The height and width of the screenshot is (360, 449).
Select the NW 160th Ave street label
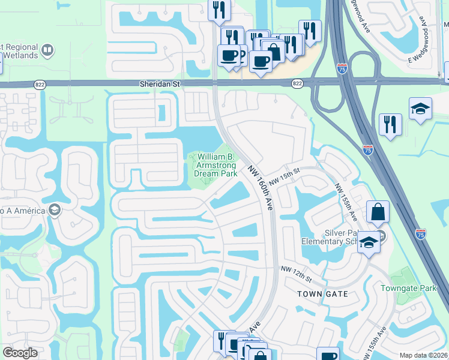(261, 188)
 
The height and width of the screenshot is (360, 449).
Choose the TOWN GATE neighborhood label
(322, 294)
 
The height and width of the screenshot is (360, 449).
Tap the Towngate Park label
(409, 288)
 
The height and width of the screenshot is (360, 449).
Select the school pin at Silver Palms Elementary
(369, 242)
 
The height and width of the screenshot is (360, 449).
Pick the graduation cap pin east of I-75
(420, 109)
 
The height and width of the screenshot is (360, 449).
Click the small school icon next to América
(55, 209)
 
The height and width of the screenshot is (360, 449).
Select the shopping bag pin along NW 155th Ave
(378, 212)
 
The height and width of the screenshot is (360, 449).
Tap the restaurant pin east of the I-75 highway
(390, 125)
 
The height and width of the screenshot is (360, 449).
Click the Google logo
(20, 353)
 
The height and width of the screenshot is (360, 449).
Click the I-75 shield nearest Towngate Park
(421, 232)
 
